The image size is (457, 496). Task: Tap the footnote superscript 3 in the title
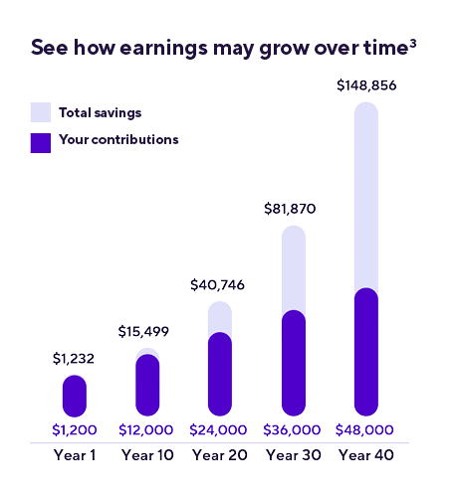coord(413,43)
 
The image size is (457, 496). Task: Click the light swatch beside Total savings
coord(40,111)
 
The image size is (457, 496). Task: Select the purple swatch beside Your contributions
coord(40,141)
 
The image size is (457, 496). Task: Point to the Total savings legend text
coord(100,111)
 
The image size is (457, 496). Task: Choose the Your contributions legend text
coord(118,140)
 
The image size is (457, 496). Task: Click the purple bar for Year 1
coord(75,396)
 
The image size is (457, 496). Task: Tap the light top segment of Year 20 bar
coord(220,316)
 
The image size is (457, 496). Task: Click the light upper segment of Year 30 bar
coord(293,266)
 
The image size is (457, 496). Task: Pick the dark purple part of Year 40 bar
coord(365,352)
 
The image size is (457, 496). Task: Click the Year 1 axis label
coord(75,455)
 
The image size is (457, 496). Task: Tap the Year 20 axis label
coord(220,455)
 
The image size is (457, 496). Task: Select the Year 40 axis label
coord(365,455)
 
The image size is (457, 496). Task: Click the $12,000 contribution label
coord(147,430)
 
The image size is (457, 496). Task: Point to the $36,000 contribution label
coord(293,430)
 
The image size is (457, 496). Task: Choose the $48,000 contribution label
coord(365,430)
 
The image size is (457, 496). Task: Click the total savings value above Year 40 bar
coord(365,86)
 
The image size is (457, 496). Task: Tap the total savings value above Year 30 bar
coord(290,209)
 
